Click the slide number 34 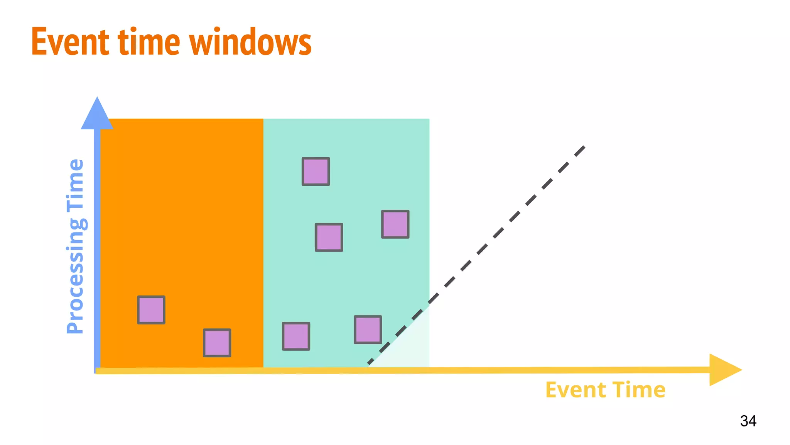pyautogui.click(x=748, y=421)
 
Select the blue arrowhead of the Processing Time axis pyautogui.click(x=97, y=114)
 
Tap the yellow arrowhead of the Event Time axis pyautogui.click(x=723, y=370)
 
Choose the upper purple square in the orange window pyautogui.click(x=151, y=310)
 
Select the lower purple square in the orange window pyautogui.click(x=217, y=343)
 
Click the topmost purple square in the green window pyautogui.click(x=316, y=172)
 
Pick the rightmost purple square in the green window pyautogui.click(x=395, y=224)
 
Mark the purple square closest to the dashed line pyautogui.click(x=368, y=330)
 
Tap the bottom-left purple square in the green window pyautogui.click(x=296, y=336)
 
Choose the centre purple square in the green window pyautogui.click(x=329, y=237)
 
